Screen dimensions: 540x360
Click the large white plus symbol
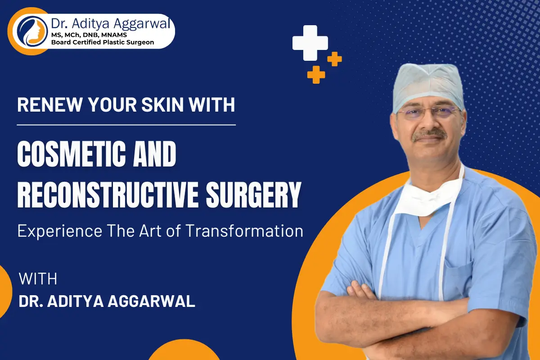(x=310, y=43)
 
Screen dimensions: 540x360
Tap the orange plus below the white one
(x=316, y=75)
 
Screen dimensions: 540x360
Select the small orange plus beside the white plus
(x=334, y=59)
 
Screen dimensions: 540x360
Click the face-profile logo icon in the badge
(x=32, y=31)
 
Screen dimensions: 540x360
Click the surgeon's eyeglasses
(x=428, y=112)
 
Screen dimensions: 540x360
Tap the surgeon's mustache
(x=429, y=135)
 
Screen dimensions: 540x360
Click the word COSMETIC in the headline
(x=72, y=154)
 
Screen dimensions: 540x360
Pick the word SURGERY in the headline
(x=254, y=195)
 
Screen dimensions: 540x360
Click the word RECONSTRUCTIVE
(x=108, y=195)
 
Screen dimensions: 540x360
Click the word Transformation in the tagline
(x=244, y=231)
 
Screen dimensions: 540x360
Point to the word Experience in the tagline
(x=60, y=231)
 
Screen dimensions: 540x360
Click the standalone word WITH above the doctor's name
(x=38, y=279)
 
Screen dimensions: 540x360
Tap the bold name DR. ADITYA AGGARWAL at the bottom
(x=107, y=301)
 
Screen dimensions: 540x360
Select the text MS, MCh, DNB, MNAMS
(x=89, y=35)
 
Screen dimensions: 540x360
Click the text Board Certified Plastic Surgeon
(x=103, y=42)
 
